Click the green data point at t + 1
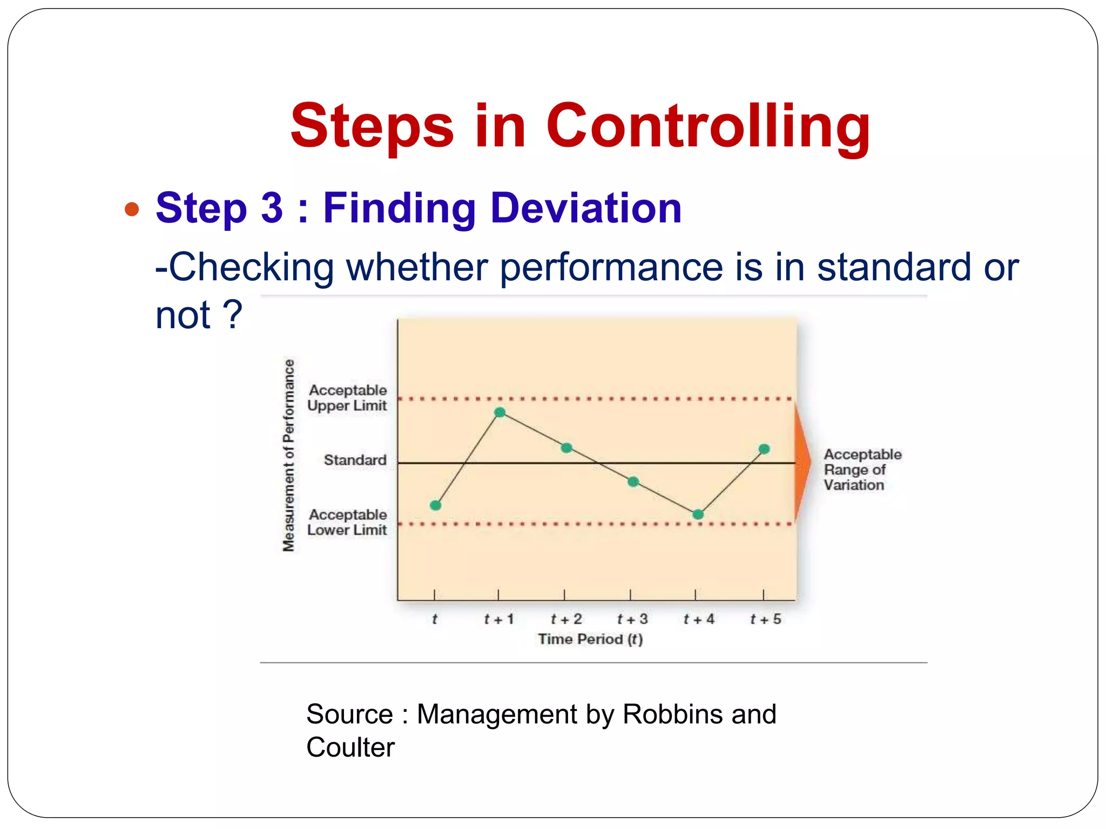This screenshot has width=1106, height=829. (x=500, y=413)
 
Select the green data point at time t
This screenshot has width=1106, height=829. (x=436, y=505)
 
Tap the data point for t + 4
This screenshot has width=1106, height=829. (x=698, y=514)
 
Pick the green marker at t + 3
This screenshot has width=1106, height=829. (x=633, y=481)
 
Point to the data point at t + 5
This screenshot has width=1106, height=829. (x=764, y=449)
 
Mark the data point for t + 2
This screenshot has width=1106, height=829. (x=567, y=448)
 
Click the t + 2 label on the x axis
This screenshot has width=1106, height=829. (x=566, y=619)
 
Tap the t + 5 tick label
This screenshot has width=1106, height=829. (x=765, y=619)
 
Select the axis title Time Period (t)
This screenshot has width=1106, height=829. (x=590, y=639)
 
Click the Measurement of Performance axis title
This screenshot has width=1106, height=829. (x=289, y=455)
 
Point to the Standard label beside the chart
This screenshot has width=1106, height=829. (x=355, y=460)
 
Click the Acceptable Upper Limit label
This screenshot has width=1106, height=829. (x=347, y=398)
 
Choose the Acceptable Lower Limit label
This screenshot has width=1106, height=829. (x=347, y=522)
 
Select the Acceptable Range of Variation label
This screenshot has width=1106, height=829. (x=862, y=470)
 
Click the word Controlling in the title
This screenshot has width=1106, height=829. (x=707, y=126)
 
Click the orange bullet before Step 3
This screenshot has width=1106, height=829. (x=132, y=209)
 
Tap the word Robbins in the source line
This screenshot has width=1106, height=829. (x=672, y=714)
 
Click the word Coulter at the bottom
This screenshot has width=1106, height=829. (x=350, y=748)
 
